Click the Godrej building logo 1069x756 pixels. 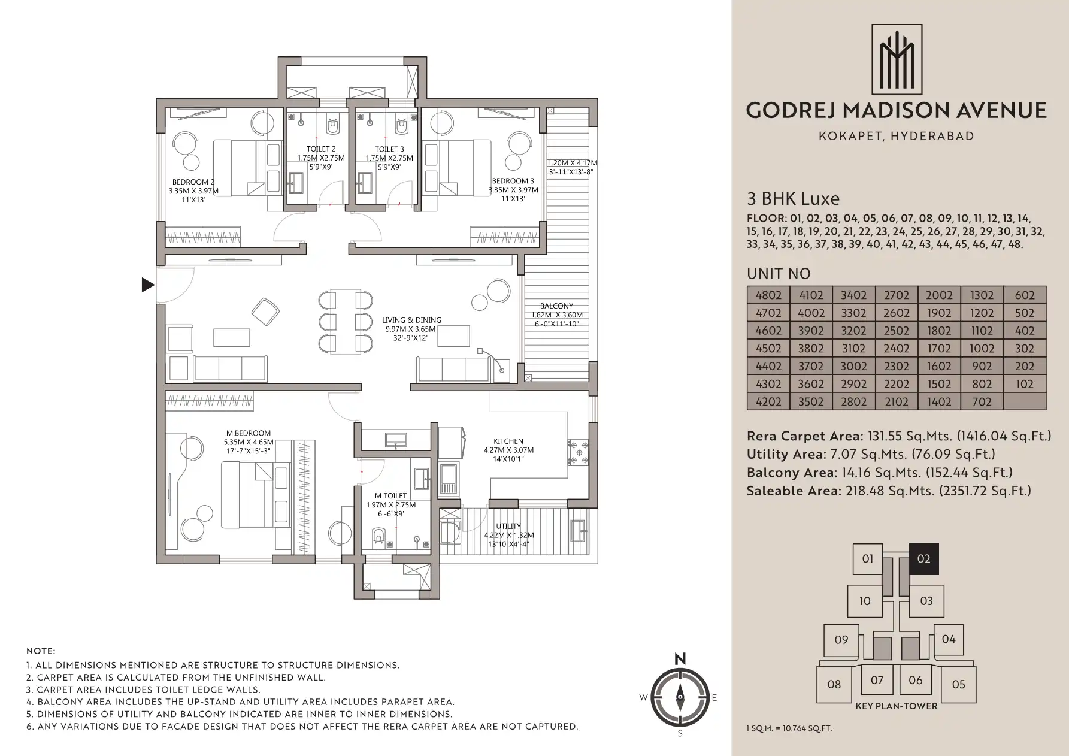pyautogui.click(x=897, y=59)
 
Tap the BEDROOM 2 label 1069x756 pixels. pyautogui.click(x=193, y=182)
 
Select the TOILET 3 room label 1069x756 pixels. pyautogui.click(x=389, y=149)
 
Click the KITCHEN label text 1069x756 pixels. pyautogui.click(x=508, y=441)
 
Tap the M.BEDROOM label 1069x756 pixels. pyautogui.click(x=249, y=433)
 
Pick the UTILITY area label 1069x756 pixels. pyautogui.click(x=508, y=527)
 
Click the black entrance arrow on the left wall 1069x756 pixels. pyautogui.click(x=148, y=285)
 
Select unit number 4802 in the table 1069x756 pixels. pyautogui.click(x=768, y=295)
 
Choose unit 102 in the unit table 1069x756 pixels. pyautogui.click(x=1025, y=384)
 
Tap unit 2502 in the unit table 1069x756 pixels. pyautogui.click(x=897, y=331)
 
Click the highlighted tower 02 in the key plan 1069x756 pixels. pyautogui.click(x=924, y=559)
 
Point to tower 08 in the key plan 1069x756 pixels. pyautogui.click(x=834, y=684)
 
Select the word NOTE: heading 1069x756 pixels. pyautogui.click(x=41, y=651)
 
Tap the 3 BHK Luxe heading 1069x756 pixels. pyautogui.click(x=793, y=198)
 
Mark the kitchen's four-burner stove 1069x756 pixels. pyautogui.click(x=577, y=453)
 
